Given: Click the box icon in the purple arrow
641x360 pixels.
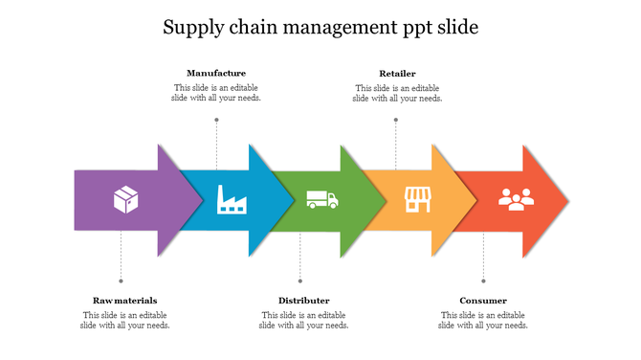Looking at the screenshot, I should point(126,199).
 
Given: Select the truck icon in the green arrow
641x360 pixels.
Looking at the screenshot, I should point(321,199).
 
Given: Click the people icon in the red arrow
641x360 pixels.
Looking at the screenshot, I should point(516,199).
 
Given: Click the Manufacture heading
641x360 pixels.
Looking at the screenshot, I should point(216,73).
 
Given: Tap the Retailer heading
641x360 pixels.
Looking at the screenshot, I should point(397,73).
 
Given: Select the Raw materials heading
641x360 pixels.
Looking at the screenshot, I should point(125,301).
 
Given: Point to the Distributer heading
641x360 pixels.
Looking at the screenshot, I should point(303,301).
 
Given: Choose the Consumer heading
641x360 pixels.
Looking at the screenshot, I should point(483,301).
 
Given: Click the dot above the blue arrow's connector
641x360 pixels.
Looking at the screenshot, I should point(216,120).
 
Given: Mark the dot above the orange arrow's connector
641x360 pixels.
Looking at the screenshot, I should point(396,120).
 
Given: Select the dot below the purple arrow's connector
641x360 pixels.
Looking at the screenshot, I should point(121,281).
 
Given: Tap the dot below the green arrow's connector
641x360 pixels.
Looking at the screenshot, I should point(300,281).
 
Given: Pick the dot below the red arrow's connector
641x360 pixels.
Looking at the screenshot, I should point(483,281).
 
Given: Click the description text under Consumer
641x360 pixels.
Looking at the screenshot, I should point(483,320).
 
